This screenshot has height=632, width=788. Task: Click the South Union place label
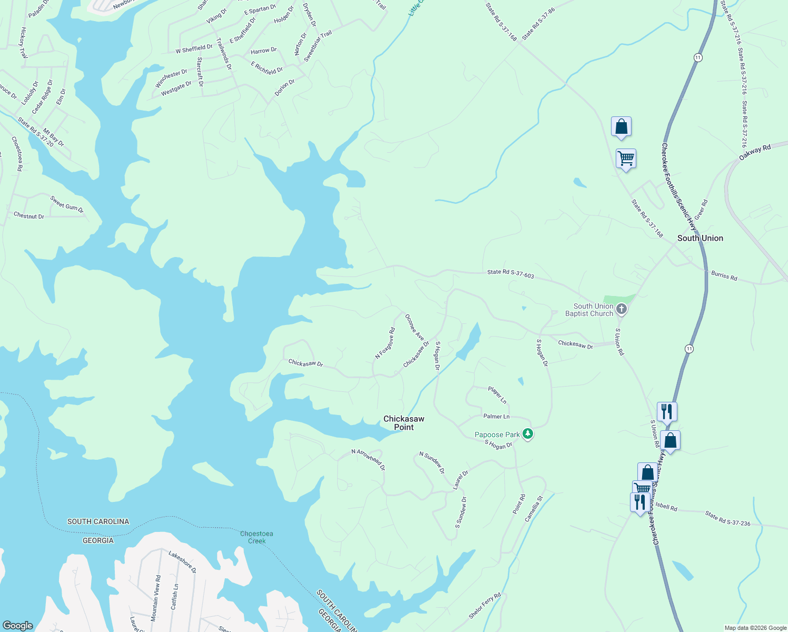pos(700,238)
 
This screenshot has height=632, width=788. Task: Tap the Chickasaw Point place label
pos(403,423)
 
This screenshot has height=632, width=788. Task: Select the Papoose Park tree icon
pos(528,434)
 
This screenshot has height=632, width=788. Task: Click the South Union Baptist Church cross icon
pos(622,309)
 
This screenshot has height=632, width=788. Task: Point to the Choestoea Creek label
pos(257,537)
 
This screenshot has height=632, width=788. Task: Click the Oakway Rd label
pos(754,153)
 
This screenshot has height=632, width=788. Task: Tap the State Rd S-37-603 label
pos(510,273)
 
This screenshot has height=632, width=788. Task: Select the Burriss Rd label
pos(724,275)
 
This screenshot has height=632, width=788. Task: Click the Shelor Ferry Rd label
pos(485,606)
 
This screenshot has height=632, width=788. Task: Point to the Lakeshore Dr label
pos(182,562)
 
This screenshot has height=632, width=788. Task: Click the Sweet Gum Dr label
pos(67,204)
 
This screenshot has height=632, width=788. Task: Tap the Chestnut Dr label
pos(29,215)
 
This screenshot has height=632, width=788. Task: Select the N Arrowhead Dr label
pos(368,459)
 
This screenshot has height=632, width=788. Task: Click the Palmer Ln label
pos(496,416)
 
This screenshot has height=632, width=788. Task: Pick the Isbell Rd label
pos(666,507)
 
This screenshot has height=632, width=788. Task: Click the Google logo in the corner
pos(18,625)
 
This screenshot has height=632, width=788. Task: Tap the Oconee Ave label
pos(415,327)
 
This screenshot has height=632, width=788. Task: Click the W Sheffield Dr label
pos(194,49)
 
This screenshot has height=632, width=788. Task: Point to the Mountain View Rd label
pos(157,598)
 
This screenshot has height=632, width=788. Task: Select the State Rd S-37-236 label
pos(727,519)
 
